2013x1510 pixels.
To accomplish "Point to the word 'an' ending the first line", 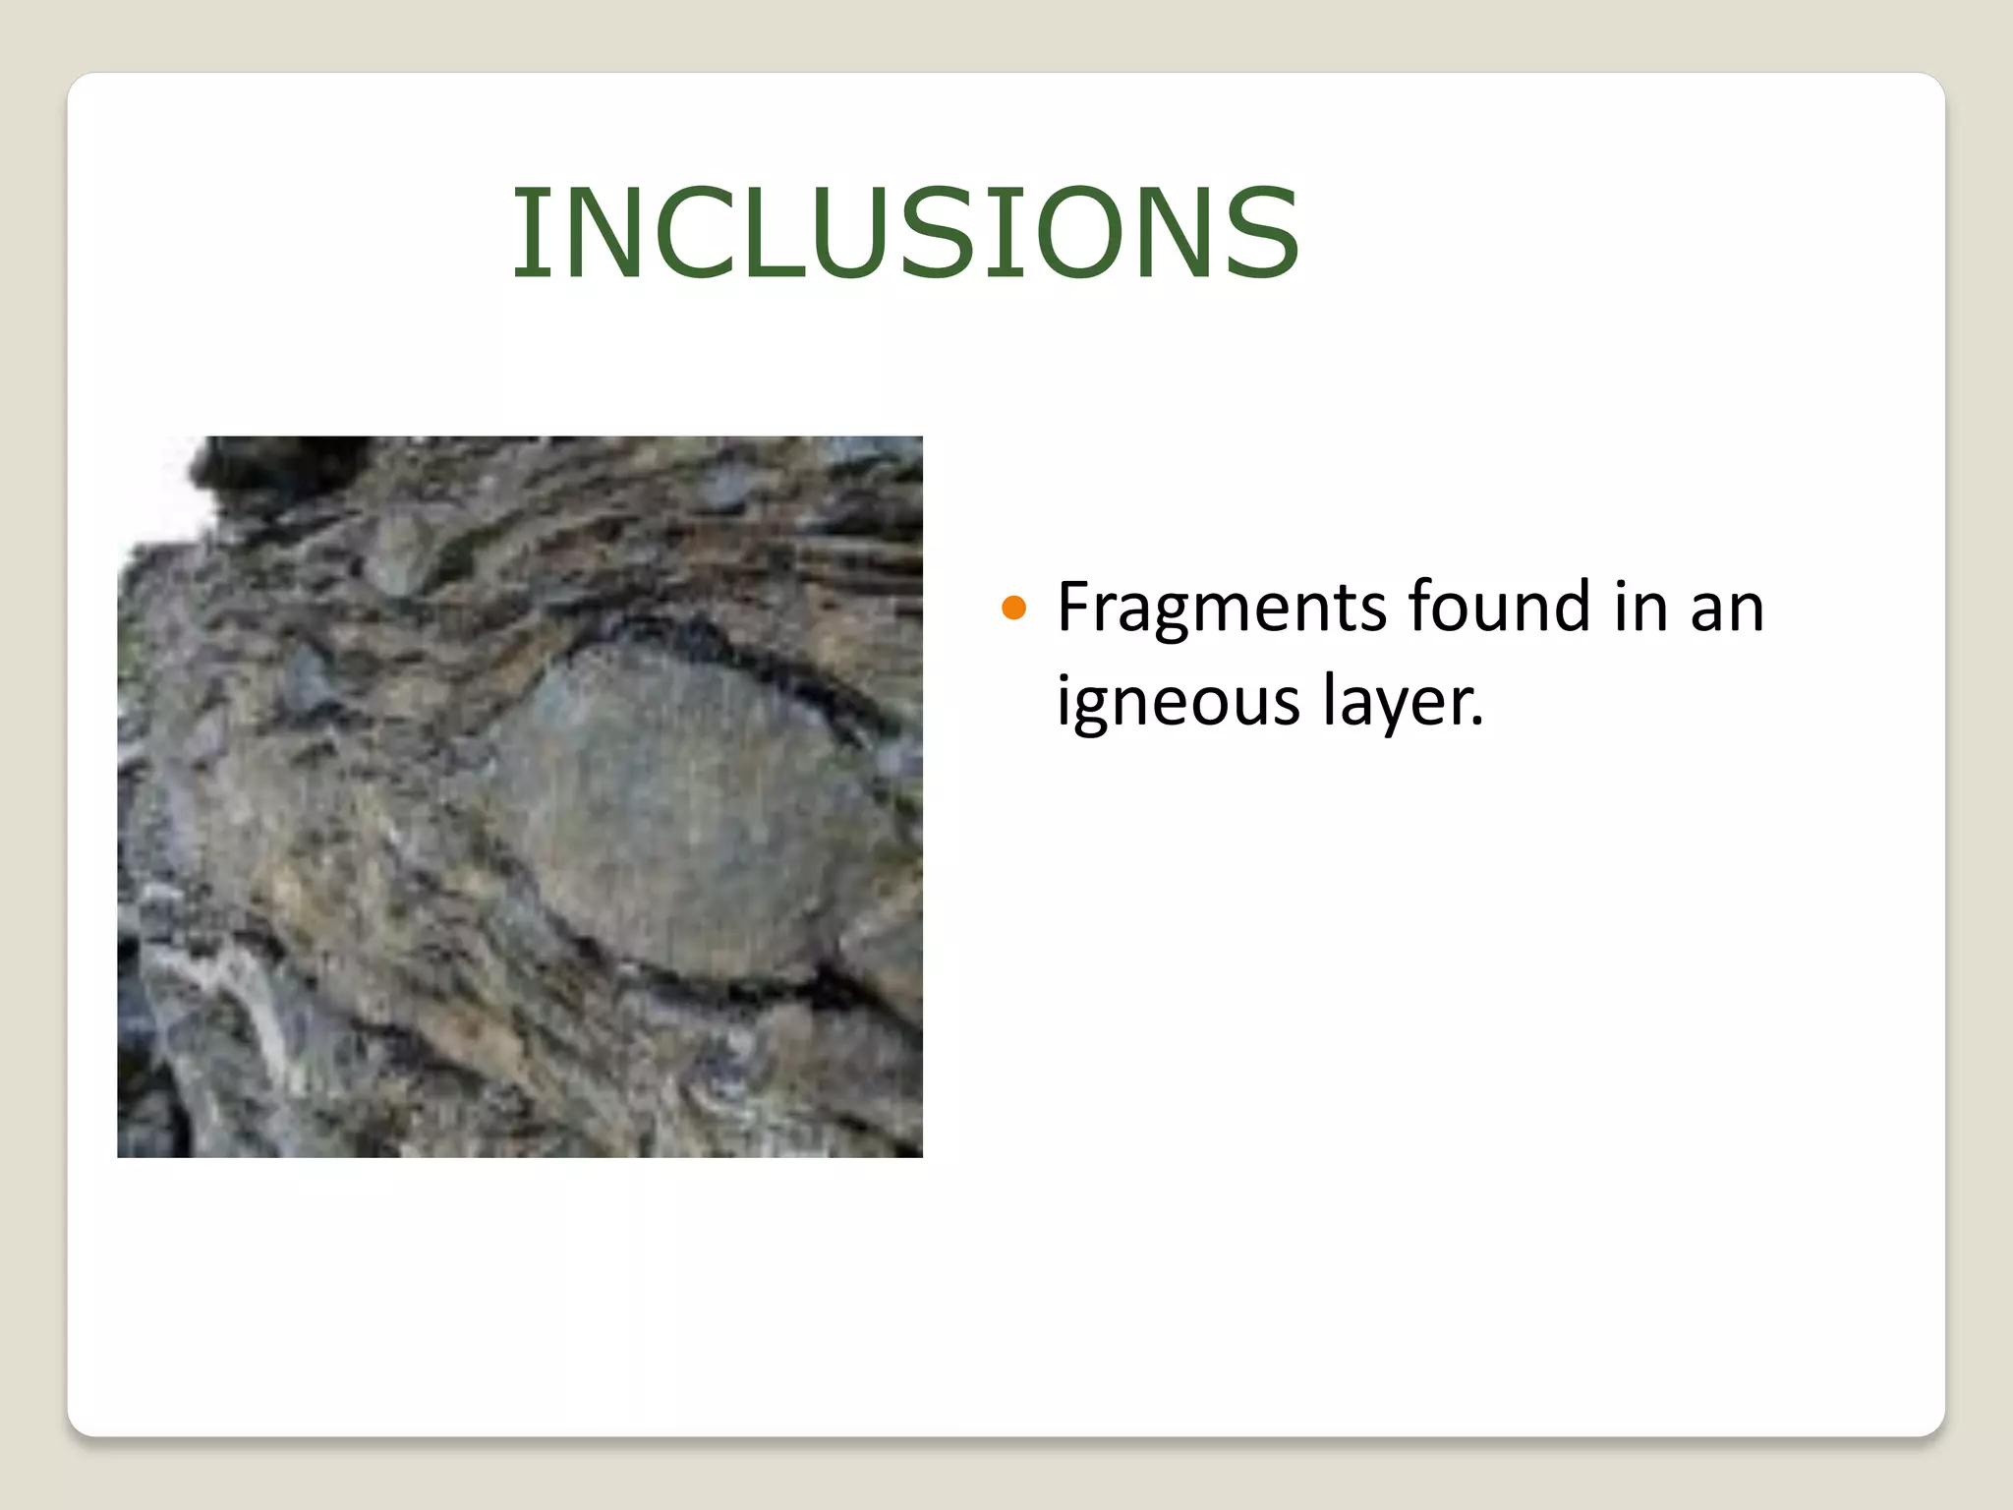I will coord(1727,608).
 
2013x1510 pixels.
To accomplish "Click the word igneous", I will coord(1177,702).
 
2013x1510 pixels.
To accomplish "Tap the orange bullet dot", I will coord(1013,609).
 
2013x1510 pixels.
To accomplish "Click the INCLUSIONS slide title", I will coord(905,233).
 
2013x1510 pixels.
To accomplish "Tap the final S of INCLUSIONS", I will coord(1256,233).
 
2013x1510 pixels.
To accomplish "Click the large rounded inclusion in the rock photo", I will coord(688,806).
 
